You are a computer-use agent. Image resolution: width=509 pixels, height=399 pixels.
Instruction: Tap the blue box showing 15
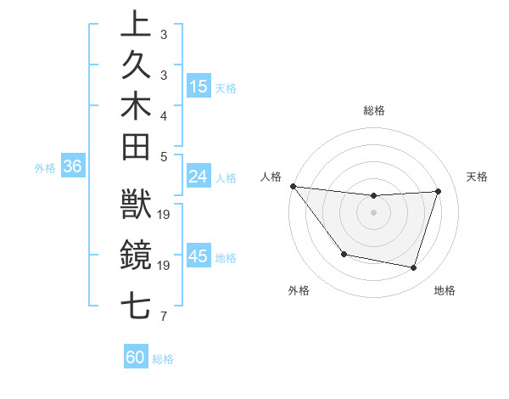(x=199, y=87)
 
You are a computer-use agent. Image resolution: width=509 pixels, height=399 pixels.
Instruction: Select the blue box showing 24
(x=199, y=177)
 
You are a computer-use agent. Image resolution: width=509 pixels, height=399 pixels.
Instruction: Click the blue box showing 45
(x=199, y=257)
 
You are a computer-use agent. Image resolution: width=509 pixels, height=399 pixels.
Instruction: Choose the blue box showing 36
(x=72, y=167)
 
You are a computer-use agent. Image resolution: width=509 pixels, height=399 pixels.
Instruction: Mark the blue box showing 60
(x=136, y=357)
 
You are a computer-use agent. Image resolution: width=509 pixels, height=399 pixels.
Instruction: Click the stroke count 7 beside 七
(x=163, y=318)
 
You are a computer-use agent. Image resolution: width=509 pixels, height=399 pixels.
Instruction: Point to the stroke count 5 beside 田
(x=163, y=155)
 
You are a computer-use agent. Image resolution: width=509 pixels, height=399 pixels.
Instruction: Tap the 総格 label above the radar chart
(x=374, y=110)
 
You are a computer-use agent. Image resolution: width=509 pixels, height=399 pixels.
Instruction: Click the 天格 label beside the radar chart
(x=477, y=177)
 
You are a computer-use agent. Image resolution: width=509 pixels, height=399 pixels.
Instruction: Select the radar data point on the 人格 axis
(x=293, y=186)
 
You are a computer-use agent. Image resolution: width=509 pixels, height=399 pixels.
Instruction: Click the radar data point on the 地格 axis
(x=414, y=268)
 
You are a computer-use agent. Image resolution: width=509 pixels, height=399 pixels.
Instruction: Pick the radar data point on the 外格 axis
(x=344, y=254)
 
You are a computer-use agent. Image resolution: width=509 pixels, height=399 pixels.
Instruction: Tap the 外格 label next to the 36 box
(x=45, y=168)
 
